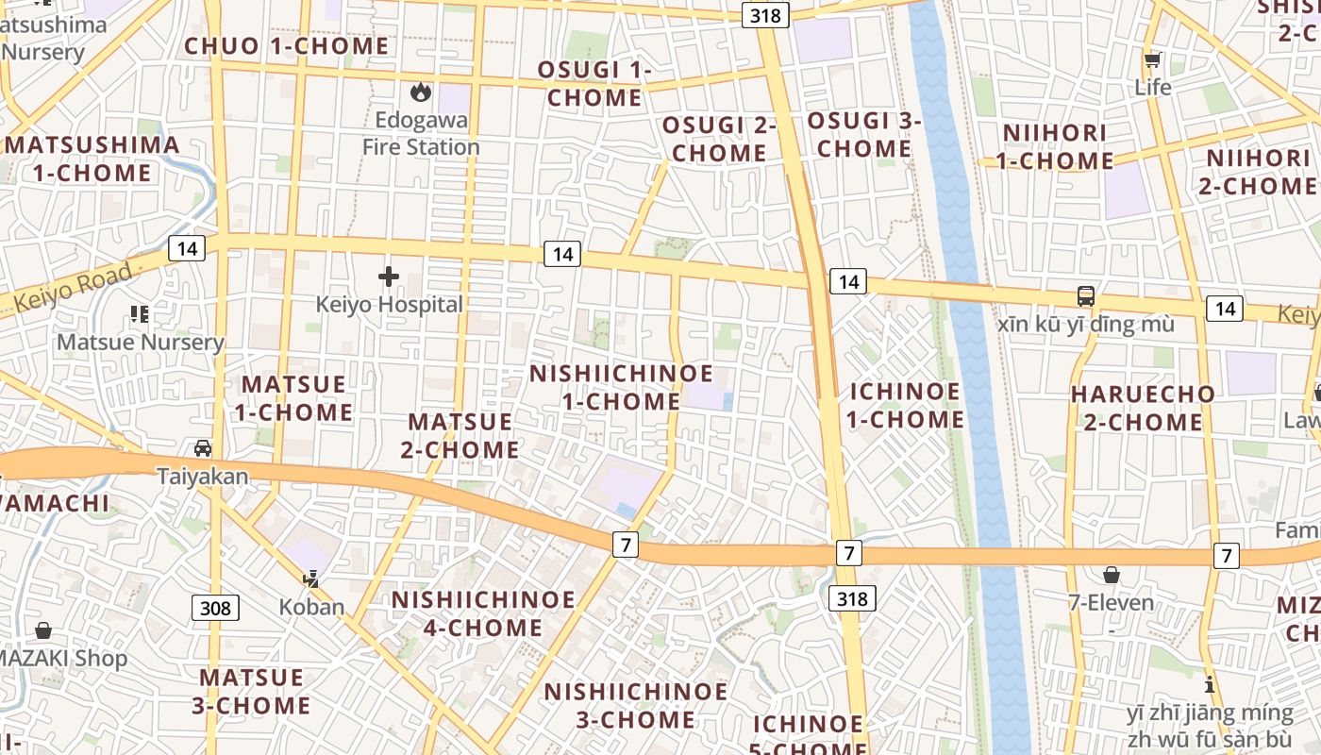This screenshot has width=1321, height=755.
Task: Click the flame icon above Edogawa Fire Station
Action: (421, 92)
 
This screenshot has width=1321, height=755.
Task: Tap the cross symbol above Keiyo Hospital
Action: (388, 277)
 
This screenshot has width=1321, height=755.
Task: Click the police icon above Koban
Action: (311, 579)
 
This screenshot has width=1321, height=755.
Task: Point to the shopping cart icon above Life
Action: (1152, 61)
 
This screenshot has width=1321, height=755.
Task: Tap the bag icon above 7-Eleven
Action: (1112, 575)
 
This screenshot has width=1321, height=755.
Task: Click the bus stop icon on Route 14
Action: (1086, 296)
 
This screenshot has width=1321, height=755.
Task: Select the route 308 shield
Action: (215, 608)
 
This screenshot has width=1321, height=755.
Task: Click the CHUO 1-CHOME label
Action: (287, 46)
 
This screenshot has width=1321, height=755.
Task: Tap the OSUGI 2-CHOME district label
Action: (719, 139)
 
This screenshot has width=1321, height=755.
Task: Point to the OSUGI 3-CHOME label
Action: (864, 135)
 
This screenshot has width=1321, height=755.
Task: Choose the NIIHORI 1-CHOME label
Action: (1055, 146)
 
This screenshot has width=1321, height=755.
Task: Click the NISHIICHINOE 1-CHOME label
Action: (622, 387)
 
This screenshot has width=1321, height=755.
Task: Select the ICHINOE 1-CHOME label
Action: (906, 405)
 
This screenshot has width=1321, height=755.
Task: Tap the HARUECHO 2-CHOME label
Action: (1143, 408)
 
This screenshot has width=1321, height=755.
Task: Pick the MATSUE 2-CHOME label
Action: (460, 435)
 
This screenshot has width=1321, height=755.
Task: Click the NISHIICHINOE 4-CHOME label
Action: (483, 613)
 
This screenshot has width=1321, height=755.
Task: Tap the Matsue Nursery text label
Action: (141, 342)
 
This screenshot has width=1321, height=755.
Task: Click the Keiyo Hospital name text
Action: (390, 305)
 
